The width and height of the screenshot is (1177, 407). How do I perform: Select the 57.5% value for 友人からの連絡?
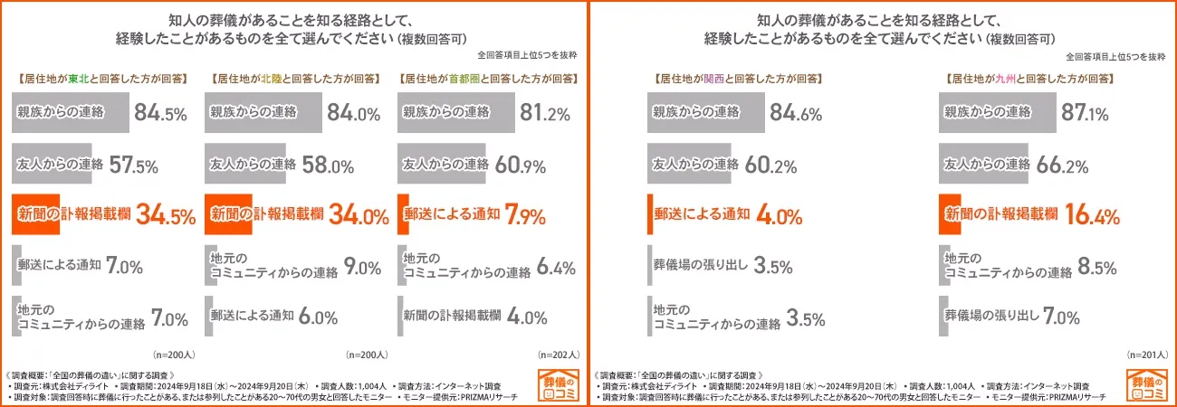(134, 166)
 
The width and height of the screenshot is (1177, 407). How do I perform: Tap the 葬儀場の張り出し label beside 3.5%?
(700, 266)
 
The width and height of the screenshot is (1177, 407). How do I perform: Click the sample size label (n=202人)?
(560, 355)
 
